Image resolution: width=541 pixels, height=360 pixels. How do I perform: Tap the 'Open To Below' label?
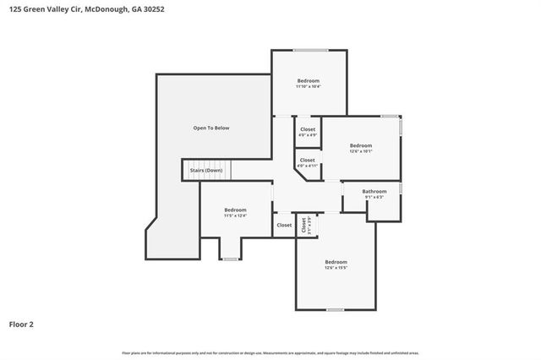[x=210, y=128]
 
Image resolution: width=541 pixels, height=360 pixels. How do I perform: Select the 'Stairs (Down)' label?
[x=206, y=170]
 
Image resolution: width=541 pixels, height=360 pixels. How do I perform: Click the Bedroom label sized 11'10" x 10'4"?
[x=308, y=81]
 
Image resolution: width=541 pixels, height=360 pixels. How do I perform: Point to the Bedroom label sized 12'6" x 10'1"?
[x=361, y=145]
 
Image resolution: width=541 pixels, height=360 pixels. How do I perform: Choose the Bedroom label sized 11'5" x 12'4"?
[x=235, y=210]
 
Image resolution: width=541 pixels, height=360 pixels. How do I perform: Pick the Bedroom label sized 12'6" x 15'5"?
[x=336, y=262]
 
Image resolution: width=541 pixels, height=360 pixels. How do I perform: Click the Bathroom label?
[x=374, y=191]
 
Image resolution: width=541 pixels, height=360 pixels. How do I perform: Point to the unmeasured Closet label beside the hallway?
[x=284, y=225]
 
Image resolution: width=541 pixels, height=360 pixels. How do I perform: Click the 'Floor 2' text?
[x=21, y=324]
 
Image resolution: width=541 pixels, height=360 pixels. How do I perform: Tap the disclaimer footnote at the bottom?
[x=270, y=352]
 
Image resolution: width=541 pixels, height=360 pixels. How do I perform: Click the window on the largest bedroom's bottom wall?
[x=336, y=309]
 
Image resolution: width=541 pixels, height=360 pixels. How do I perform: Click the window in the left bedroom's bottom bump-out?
[x=229, y=259]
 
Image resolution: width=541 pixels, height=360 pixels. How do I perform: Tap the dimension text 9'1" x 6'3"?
[x=374, y=197]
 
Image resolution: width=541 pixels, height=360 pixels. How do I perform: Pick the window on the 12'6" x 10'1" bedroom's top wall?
[x=389, y=116]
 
